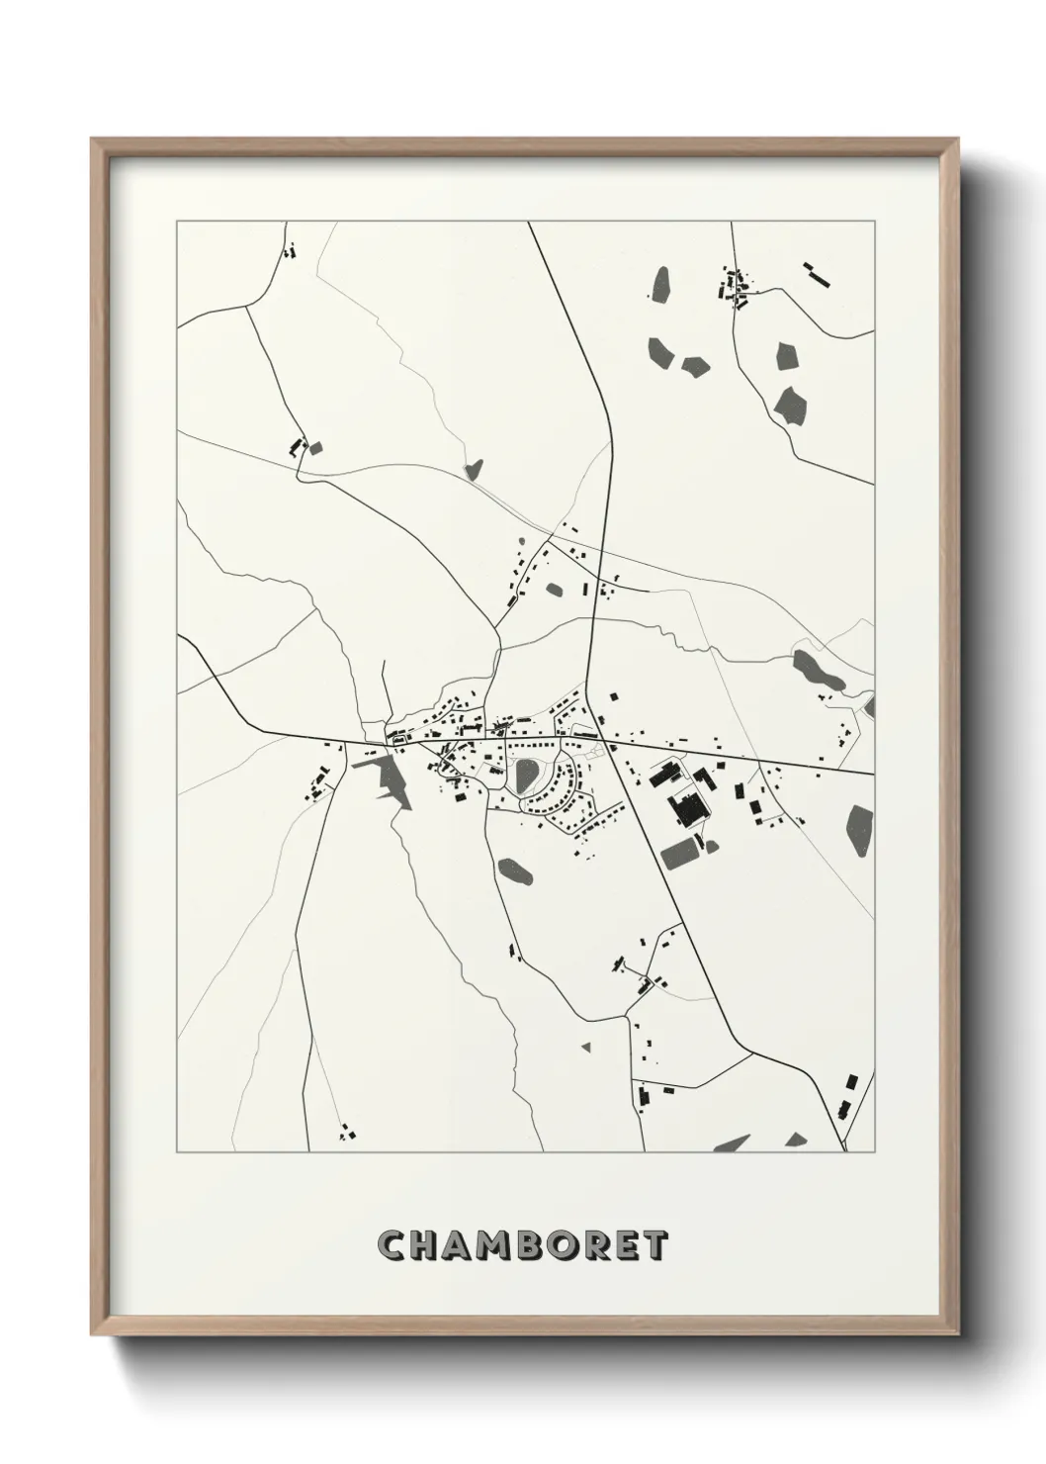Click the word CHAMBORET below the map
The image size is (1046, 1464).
522,1244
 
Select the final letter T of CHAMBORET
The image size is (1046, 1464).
654,1245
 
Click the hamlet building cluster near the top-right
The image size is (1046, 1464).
733,287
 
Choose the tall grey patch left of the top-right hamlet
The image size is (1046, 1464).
661,285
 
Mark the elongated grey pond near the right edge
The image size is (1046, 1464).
819,672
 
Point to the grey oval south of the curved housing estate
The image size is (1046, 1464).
515,871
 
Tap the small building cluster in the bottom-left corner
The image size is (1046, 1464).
346,1133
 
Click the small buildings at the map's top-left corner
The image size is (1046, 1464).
290,250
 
